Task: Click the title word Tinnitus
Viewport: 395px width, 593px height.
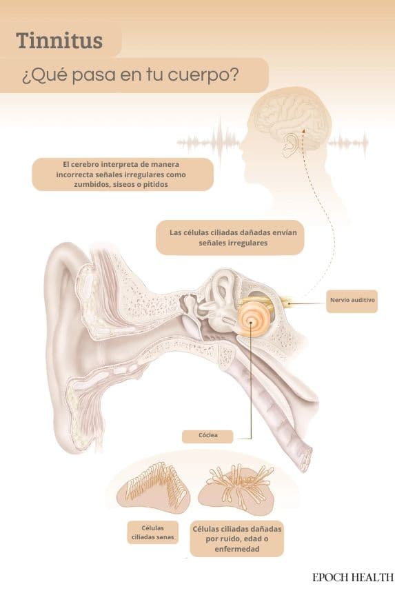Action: (x=59, y=41)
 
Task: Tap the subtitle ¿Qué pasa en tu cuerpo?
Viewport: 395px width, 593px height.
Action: (x=130, y=75)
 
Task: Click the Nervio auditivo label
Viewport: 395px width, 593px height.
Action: (x=352, y=301)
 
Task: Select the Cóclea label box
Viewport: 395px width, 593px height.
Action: (x=207, y=436)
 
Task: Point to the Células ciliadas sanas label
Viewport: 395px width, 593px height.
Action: (x=153, y=532)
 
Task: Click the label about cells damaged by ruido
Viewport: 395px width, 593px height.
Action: (x=237, y=539)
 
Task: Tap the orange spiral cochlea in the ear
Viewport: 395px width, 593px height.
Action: (x=251, y=321)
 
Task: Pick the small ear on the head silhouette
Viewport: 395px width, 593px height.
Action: (x=291, y=145)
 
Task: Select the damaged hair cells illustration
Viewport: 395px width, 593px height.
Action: (x=237, y=488)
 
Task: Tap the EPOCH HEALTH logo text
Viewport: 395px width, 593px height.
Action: (x=353, y=578)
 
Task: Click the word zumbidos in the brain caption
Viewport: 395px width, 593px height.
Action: (x=90, y=185)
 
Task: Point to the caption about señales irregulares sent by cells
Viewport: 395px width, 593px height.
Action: (x=230, y=237)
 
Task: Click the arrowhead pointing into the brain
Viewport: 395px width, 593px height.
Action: (x=304, y=130)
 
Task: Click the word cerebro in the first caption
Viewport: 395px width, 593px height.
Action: (x=85, y=165)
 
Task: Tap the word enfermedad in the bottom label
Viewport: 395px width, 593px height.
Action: (x=237, y=549)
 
